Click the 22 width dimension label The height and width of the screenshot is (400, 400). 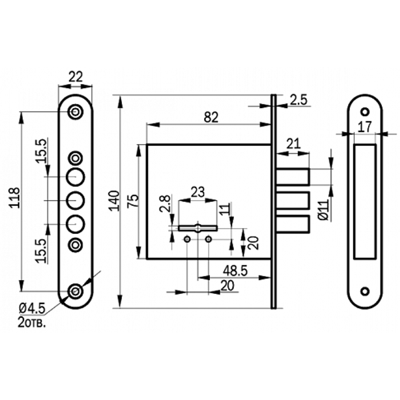[75, 76]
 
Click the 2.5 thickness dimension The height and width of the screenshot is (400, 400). [298, 100]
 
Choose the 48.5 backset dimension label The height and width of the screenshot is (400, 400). [235, 270]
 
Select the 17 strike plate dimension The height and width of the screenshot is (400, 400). [364, 127]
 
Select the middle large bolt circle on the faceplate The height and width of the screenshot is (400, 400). [75, 200]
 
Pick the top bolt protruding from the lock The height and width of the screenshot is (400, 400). [292, 177]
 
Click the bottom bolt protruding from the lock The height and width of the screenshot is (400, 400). [292, 224]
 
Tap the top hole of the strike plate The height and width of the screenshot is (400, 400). [364, 111]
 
